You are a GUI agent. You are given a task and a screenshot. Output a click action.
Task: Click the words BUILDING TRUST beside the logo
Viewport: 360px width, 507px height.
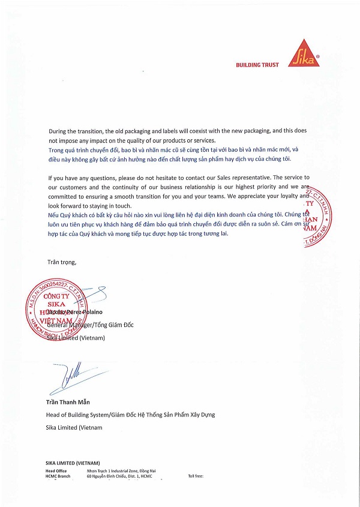point(257,65)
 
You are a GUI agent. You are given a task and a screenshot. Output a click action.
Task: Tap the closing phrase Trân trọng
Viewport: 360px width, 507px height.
point(62,262)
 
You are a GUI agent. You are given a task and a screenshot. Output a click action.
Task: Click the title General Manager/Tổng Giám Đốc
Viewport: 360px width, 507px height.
point(90,325)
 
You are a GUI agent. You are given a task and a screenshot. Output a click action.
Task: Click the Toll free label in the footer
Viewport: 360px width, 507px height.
point(196,476)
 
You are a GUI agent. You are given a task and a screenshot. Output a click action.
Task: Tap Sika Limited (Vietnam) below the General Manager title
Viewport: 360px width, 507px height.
point(76,338)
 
